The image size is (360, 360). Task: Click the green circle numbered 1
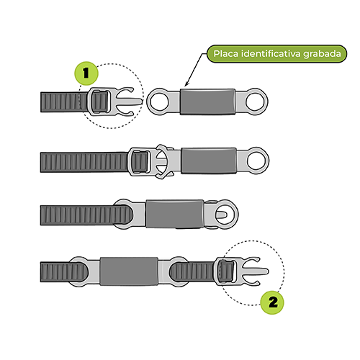click(x=86, y=73)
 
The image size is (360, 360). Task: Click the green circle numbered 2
click(x=272, y=302)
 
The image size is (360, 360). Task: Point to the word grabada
click(x=322, y=54)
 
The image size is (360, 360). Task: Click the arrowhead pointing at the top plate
click(x=187, y=84)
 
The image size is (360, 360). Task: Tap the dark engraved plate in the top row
click(x=207, y=102)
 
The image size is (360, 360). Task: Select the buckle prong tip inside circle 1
click(x=141, y=101)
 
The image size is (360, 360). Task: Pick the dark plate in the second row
click(x=209, y=161)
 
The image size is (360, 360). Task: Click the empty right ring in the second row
click(x=256, y=161)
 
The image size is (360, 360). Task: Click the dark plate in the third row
click(x=175, y=214)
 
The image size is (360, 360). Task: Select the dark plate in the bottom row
click(x=129, y=271)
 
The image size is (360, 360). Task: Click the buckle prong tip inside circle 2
click(x=266, y=271)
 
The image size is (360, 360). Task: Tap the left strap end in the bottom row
click(x=64, y=272)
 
